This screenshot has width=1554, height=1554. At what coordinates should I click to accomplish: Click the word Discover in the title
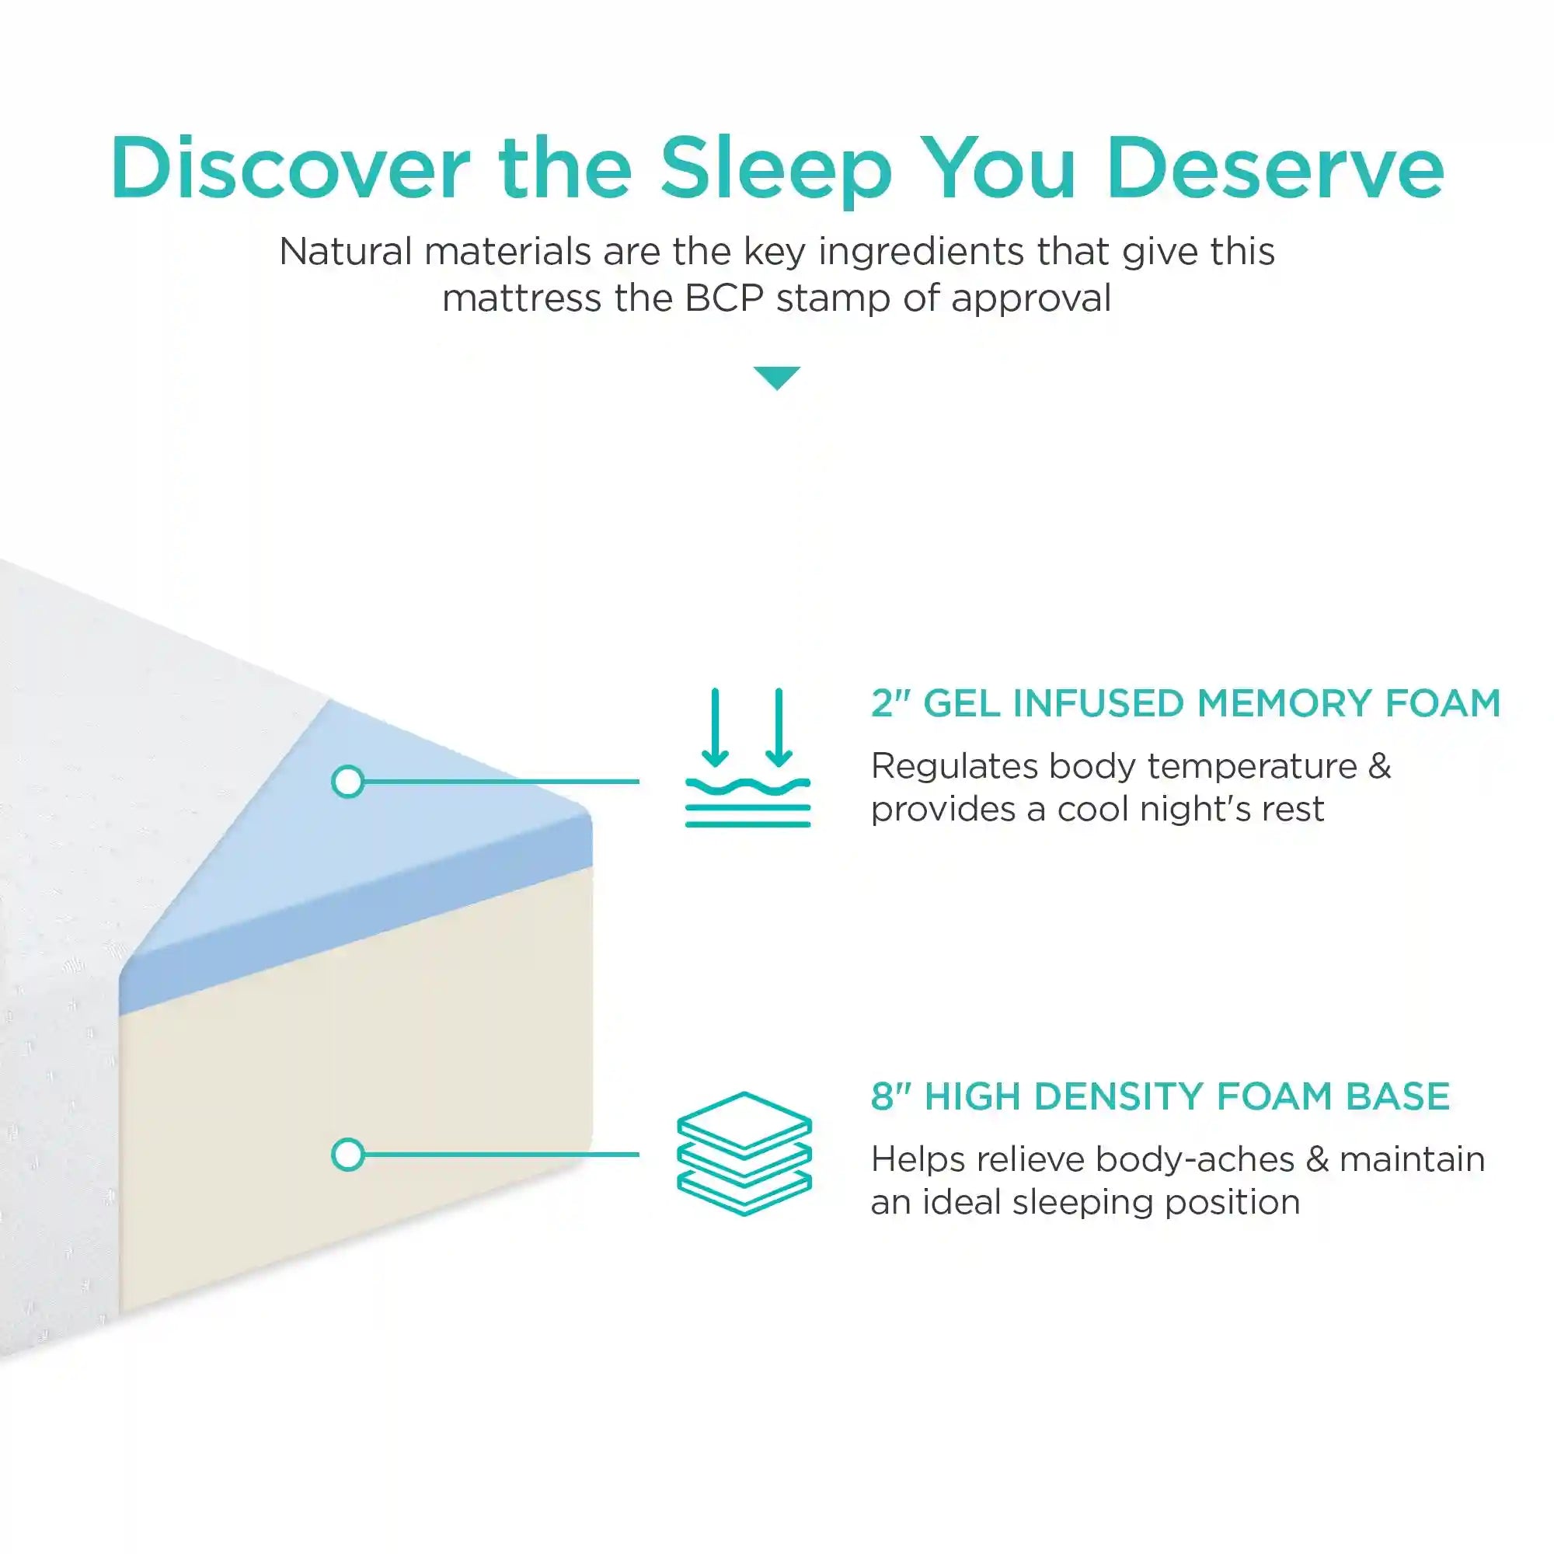tap(291, 168)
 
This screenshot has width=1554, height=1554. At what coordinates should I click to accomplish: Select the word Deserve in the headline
tap(1276, 169)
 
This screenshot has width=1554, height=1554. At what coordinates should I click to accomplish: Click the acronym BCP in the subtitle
tap(724, 298)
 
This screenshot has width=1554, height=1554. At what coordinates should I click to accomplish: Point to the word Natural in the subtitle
tap(347, 252)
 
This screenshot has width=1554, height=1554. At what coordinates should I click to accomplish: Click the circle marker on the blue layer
tap(348, 781)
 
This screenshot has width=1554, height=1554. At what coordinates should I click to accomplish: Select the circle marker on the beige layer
tap(348, 1155)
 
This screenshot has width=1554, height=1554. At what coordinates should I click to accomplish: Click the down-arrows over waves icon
tap(747, 757)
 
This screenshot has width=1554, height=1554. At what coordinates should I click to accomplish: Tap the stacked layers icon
tap(744, 1153)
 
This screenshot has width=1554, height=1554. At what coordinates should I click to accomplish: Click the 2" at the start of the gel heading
tap(890, 703)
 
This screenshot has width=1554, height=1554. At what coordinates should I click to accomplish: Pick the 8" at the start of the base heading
tap(890, 1096)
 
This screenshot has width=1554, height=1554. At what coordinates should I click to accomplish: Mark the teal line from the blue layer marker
tap(501, 781)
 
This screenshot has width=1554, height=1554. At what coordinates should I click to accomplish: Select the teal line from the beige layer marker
tap(501, 1155)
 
